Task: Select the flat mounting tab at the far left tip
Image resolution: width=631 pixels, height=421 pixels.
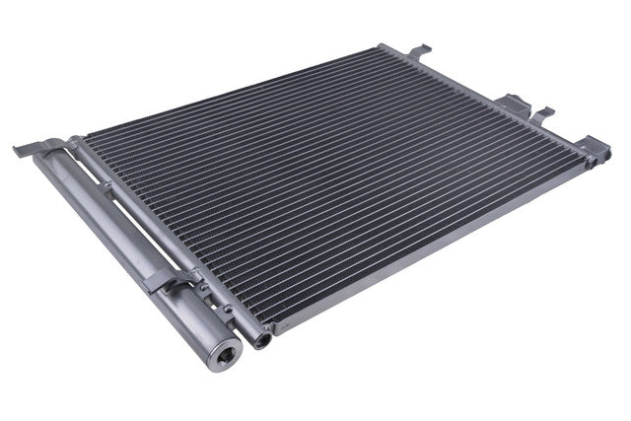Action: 28,151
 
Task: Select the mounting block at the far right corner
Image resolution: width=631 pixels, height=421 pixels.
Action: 595,146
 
